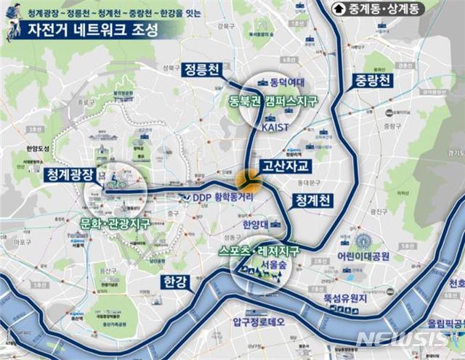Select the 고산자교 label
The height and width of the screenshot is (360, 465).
click(x=286, y=167)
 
